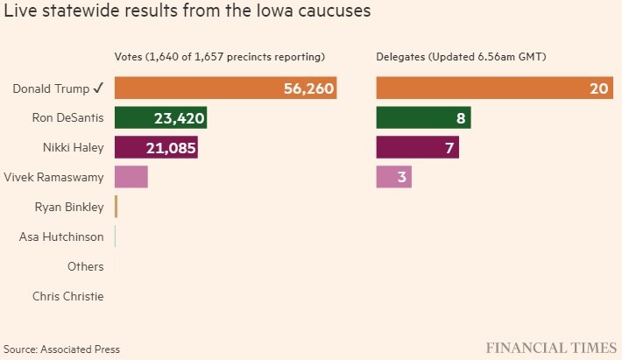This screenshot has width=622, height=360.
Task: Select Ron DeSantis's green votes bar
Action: tap(140, 117)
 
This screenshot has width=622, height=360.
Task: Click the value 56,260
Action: tap(309, 88)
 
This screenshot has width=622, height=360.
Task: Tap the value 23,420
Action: tap(180, 118)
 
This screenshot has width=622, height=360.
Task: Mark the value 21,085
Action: tap(170, 148)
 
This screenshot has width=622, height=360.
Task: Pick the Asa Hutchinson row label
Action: tap(61, 236)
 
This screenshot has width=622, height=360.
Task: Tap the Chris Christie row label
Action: tap(67, 296)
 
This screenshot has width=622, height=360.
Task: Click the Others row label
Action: tap(85, 266)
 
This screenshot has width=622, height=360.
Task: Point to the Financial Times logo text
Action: tap(549, 348)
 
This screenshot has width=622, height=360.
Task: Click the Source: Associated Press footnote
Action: tap(61, 349)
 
